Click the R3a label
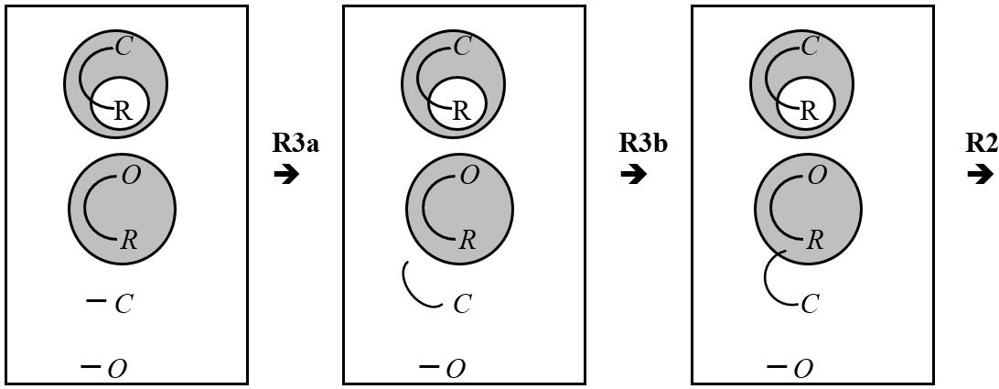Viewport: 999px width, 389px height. (295, 143)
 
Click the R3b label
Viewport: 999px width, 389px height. (643, 143)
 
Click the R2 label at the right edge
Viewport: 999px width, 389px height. (983, 143)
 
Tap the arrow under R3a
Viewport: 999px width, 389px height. (286, 174)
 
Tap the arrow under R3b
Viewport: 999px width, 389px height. (633, 174)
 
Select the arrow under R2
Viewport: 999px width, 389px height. (980, 174)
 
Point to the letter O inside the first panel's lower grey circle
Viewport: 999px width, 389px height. (131, 176)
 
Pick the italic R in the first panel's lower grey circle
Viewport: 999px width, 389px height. (129, 241)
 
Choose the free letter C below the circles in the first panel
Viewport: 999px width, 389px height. (124, 304)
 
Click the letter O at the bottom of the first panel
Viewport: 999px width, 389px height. (117, 369)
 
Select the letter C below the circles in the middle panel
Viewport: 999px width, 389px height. (462, 304)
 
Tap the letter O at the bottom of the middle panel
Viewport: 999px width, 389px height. (455, 369)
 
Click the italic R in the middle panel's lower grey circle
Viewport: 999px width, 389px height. (467, 241)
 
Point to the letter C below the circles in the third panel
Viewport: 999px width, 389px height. (810, 304)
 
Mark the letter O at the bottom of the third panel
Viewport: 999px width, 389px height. (802, 369)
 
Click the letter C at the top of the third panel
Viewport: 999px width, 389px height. (810, 48)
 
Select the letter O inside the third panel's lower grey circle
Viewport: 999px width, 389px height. (818, 176)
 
